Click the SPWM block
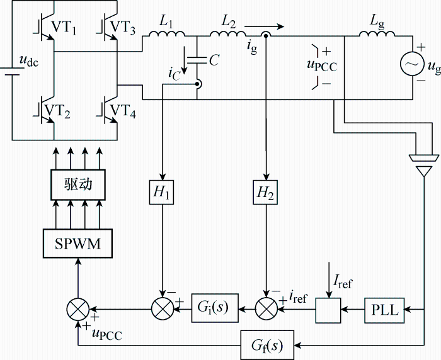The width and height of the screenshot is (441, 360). (x=77, y=244)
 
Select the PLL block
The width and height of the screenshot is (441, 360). (x=384, y=310)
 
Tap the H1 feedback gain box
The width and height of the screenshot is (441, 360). (x=161, y=192)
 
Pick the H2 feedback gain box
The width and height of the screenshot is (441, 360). (x=265, y=192)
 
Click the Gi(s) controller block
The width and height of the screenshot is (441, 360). (x=215, y=308)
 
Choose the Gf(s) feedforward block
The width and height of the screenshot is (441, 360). (x=267, y=345)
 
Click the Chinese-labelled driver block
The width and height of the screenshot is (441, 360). (x=78, y=184)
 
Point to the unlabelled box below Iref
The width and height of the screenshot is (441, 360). (x=328, y=310)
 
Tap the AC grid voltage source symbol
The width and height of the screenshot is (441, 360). (x=412, y=64)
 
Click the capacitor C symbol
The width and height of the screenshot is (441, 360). (x=197, y=60)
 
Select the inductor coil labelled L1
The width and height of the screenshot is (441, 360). (x=167, y=33)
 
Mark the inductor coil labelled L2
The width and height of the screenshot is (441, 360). (x=227, y=33)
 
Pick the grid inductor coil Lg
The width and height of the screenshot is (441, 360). (x=377, y=33)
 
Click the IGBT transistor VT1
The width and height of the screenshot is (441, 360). (x=45, y=26)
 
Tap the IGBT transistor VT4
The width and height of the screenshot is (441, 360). (x=108, y=109)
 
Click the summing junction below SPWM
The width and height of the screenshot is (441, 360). (x=78, y=309)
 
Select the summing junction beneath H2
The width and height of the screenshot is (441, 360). (x=266, y=309)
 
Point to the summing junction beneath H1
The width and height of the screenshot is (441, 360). (x=163, y=309)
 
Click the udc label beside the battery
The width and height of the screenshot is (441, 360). (x=29, y=61)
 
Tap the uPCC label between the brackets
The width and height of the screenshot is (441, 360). (x=322, y=65)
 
